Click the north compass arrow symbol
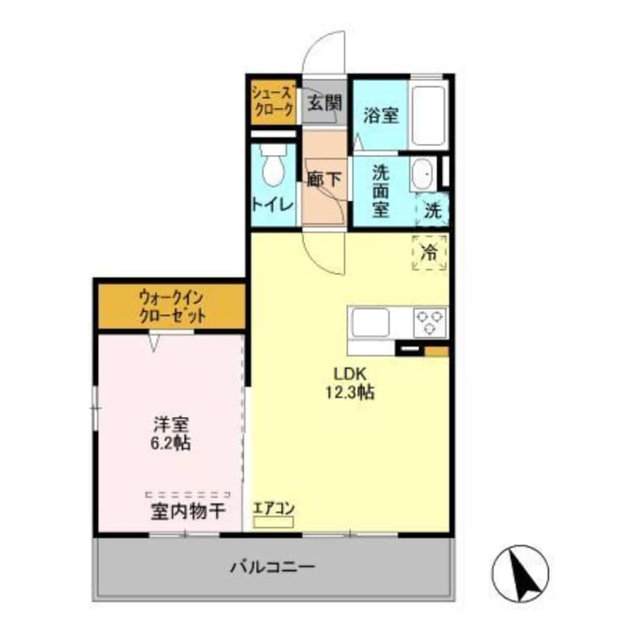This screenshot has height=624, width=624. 521,573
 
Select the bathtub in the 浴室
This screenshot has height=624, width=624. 428,116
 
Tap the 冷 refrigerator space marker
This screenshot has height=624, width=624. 429,251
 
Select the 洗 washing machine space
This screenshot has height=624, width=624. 434,209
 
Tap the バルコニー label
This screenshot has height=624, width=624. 273,567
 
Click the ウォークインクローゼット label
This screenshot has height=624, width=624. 171,308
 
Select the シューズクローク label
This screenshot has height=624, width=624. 274,101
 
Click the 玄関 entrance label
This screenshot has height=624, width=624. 325,103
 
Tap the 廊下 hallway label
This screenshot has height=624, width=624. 323,180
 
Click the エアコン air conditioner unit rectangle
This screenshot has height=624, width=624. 273,521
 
